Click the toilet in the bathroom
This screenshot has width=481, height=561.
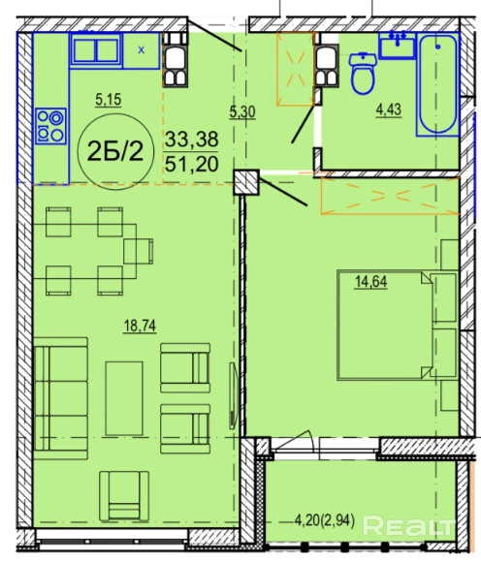363,74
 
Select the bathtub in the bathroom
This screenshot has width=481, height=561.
437,85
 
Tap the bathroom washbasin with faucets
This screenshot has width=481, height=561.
398,46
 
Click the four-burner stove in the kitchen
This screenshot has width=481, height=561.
50,126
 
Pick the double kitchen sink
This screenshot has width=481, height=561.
96,50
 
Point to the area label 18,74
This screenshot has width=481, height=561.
140,327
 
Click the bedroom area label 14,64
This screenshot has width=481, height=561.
371,282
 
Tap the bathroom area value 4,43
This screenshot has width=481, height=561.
389,109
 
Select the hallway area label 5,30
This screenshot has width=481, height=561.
242,112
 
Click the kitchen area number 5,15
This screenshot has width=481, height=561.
109,100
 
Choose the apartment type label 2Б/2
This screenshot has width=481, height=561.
115,151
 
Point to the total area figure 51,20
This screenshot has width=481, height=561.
192,164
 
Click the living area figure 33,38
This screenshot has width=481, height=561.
192,140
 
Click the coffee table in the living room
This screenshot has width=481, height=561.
124,398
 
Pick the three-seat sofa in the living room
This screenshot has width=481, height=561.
61,398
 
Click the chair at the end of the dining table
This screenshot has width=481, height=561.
139,252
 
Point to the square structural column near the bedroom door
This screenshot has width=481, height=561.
246,182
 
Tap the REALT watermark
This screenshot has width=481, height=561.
408,525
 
